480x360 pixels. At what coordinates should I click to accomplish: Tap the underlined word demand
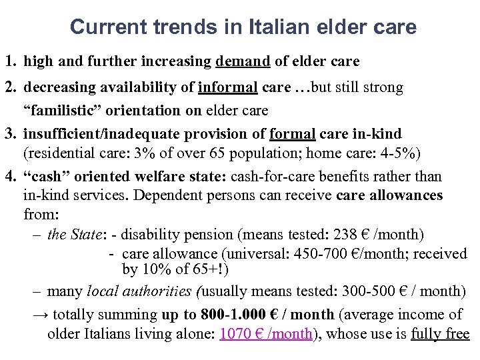243,62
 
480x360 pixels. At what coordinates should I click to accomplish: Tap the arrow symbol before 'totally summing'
40,315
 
